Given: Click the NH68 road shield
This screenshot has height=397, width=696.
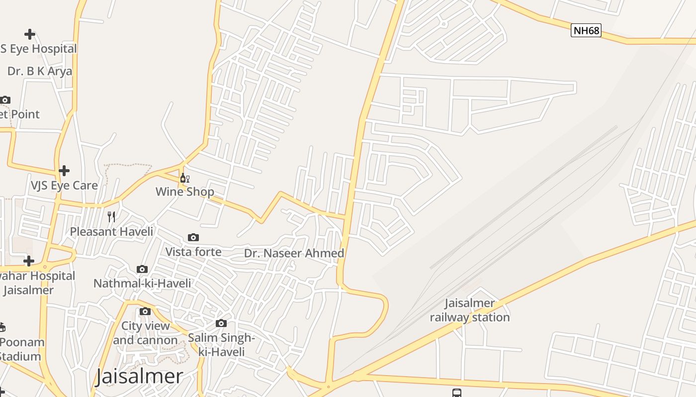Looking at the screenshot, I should click(x=586, y=31).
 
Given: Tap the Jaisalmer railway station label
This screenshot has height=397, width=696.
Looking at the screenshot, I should click(x=470, y=310).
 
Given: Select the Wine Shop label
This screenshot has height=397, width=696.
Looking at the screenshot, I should click(x=185, y=192).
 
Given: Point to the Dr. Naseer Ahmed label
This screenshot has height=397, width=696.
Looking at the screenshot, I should click(x=294, y=253).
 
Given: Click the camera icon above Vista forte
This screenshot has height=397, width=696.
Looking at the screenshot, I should click(x=193, y=238).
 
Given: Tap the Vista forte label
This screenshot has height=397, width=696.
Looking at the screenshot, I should click(x=193, y=252).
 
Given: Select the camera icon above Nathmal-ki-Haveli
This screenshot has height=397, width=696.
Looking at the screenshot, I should click(x=142, y=269).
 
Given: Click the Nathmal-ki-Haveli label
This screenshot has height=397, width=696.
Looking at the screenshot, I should click(x=142, y=283).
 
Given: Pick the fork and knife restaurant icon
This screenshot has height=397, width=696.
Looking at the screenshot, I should click(x=111, y=217).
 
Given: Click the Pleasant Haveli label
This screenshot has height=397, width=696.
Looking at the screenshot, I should click(x=111, y=231).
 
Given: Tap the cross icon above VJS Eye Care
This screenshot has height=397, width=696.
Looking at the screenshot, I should click(x=64, y=171).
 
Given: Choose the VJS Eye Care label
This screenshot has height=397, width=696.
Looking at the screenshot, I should click(x=64, y=185).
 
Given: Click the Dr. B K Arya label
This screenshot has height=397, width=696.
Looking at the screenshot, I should click(x=40, y=71).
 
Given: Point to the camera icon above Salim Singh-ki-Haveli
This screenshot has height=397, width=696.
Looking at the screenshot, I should click(x=221, y=324).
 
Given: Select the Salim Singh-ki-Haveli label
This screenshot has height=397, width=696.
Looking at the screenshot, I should click(x=221, y=345).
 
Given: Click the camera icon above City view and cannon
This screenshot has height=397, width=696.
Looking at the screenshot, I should click(x=145, y=312).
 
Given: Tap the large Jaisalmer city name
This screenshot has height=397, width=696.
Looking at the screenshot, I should click(x=139, y=376).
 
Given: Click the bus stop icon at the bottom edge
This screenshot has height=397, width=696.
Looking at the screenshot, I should click(x=457, y=393).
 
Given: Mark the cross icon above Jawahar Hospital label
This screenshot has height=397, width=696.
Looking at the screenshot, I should click(x=29, y=261).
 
